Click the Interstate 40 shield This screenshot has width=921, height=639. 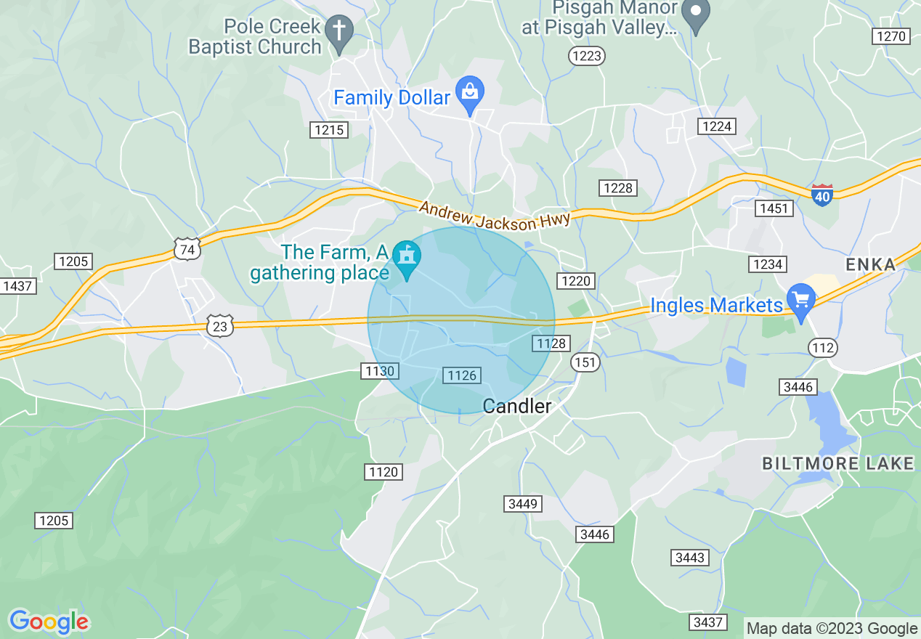(822, 195)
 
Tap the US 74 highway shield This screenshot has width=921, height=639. (187, 248)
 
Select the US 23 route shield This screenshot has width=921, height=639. (220, 327)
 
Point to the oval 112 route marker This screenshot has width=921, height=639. (823, 348)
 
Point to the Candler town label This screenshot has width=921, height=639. (517, 406)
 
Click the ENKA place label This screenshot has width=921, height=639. (871, 264)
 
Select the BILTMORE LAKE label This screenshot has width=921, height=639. (837, 463)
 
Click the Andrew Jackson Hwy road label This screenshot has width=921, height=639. (495, 216)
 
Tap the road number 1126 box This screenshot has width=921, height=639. (462, 375)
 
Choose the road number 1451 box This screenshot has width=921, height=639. (772, 209)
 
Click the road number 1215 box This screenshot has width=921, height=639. (329, 130)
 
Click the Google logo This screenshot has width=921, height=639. (49, 622)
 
